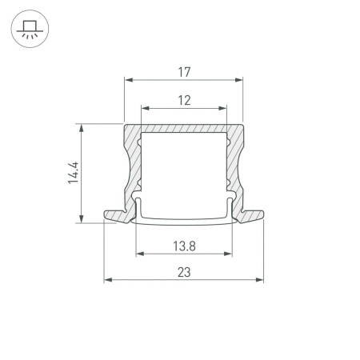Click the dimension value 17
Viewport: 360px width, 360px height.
(x=183, y=71)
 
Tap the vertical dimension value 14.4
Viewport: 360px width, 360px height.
(x=73, y=173)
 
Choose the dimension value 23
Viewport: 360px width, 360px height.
(x=184, y=272)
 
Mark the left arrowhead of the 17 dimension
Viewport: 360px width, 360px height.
(x=127, y=80)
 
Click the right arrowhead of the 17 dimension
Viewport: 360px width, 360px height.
(x=238, y=80)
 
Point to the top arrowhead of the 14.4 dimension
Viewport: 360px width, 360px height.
(x=81, y=126)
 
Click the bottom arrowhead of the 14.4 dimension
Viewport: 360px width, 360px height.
(x=81, y=220)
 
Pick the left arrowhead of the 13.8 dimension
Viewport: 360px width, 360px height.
(x=138, y=255)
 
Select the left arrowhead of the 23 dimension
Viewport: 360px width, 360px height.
(x=107, y=280)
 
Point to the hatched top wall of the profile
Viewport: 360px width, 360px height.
(x=183, y=129)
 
